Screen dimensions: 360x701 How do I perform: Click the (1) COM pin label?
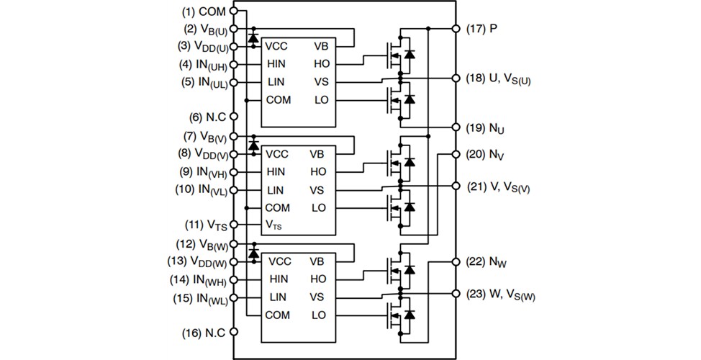click(x=204, y=12)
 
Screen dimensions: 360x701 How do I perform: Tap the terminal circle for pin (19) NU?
click(x=456, y=127)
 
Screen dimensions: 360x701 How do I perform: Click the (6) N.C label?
click(x=205, y=117)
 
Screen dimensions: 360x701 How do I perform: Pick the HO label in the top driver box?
click(x=321, y=63)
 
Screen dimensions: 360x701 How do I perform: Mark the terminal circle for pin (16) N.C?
click(x=234, y=333)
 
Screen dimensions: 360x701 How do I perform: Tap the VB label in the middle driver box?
click(x=318, y=154)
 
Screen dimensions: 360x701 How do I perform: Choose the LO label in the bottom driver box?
click(x=319, y=315)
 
